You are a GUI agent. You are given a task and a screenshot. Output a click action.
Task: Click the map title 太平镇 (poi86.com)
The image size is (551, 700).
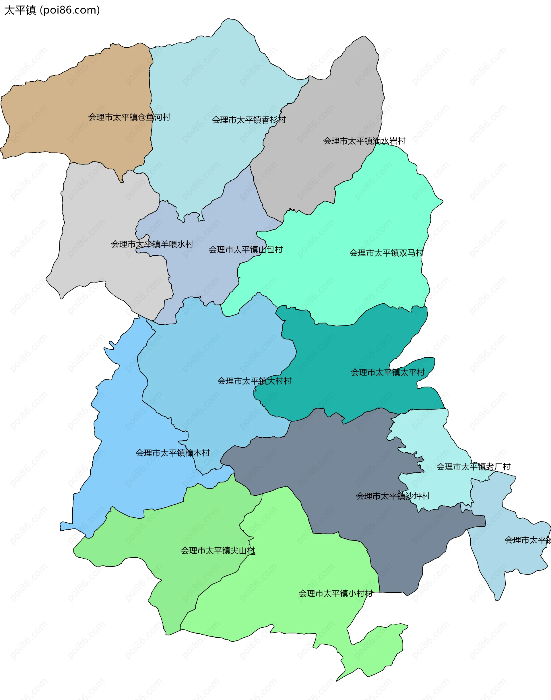coord(52,10)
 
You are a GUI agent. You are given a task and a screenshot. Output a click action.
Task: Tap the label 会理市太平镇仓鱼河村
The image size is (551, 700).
coord(129,117)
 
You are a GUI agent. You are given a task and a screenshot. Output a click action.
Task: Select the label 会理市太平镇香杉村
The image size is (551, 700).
coord(249,120)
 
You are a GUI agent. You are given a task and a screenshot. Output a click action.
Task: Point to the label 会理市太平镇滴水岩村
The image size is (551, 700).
coord(364,141)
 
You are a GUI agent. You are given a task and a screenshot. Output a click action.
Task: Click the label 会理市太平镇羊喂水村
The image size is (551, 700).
coord(152,244)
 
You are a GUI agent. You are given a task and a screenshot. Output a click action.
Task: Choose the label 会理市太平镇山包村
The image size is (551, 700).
coord(245,250)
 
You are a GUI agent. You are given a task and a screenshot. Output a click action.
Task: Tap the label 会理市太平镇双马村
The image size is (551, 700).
coord(387,253)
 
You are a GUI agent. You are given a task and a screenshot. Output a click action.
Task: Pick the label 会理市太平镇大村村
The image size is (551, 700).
coord(254,381)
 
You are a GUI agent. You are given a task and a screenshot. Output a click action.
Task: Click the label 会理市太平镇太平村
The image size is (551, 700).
coord(388,373)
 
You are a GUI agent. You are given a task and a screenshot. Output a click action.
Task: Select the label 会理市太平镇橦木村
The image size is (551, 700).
coord(172,453)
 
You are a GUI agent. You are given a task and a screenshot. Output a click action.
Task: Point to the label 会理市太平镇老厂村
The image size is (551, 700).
coord(473,467)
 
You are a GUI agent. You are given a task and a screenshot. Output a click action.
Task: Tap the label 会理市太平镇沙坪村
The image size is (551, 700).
coord(393,496)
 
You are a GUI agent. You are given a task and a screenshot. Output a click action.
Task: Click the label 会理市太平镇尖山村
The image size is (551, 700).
coord(218,550)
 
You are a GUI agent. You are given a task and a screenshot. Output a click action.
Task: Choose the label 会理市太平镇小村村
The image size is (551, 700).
coord(335,594)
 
